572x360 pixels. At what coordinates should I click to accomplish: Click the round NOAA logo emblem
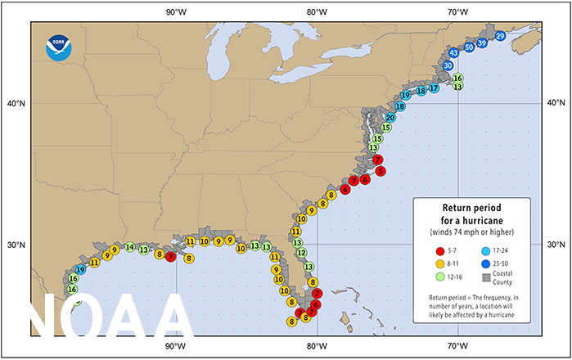[x=59, y=47]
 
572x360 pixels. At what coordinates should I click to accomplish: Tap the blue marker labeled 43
[x=453, y=52]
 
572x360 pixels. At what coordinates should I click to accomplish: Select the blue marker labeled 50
[x=469, y=47]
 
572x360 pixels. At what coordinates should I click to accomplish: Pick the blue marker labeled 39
[x=482, y=43]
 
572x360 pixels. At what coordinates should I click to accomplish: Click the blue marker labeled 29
[x=500, y=37]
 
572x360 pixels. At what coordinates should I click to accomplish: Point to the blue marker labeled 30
[x=448, y=65]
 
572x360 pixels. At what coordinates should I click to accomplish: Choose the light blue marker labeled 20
[x=391, y=118]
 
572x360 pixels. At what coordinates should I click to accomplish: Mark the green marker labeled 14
[x=130, y=247]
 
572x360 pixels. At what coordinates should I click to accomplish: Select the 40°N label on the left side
[x=16, y=103]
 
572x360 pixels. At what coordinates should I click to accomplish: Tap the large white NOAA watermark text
[x=110, y=316]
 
